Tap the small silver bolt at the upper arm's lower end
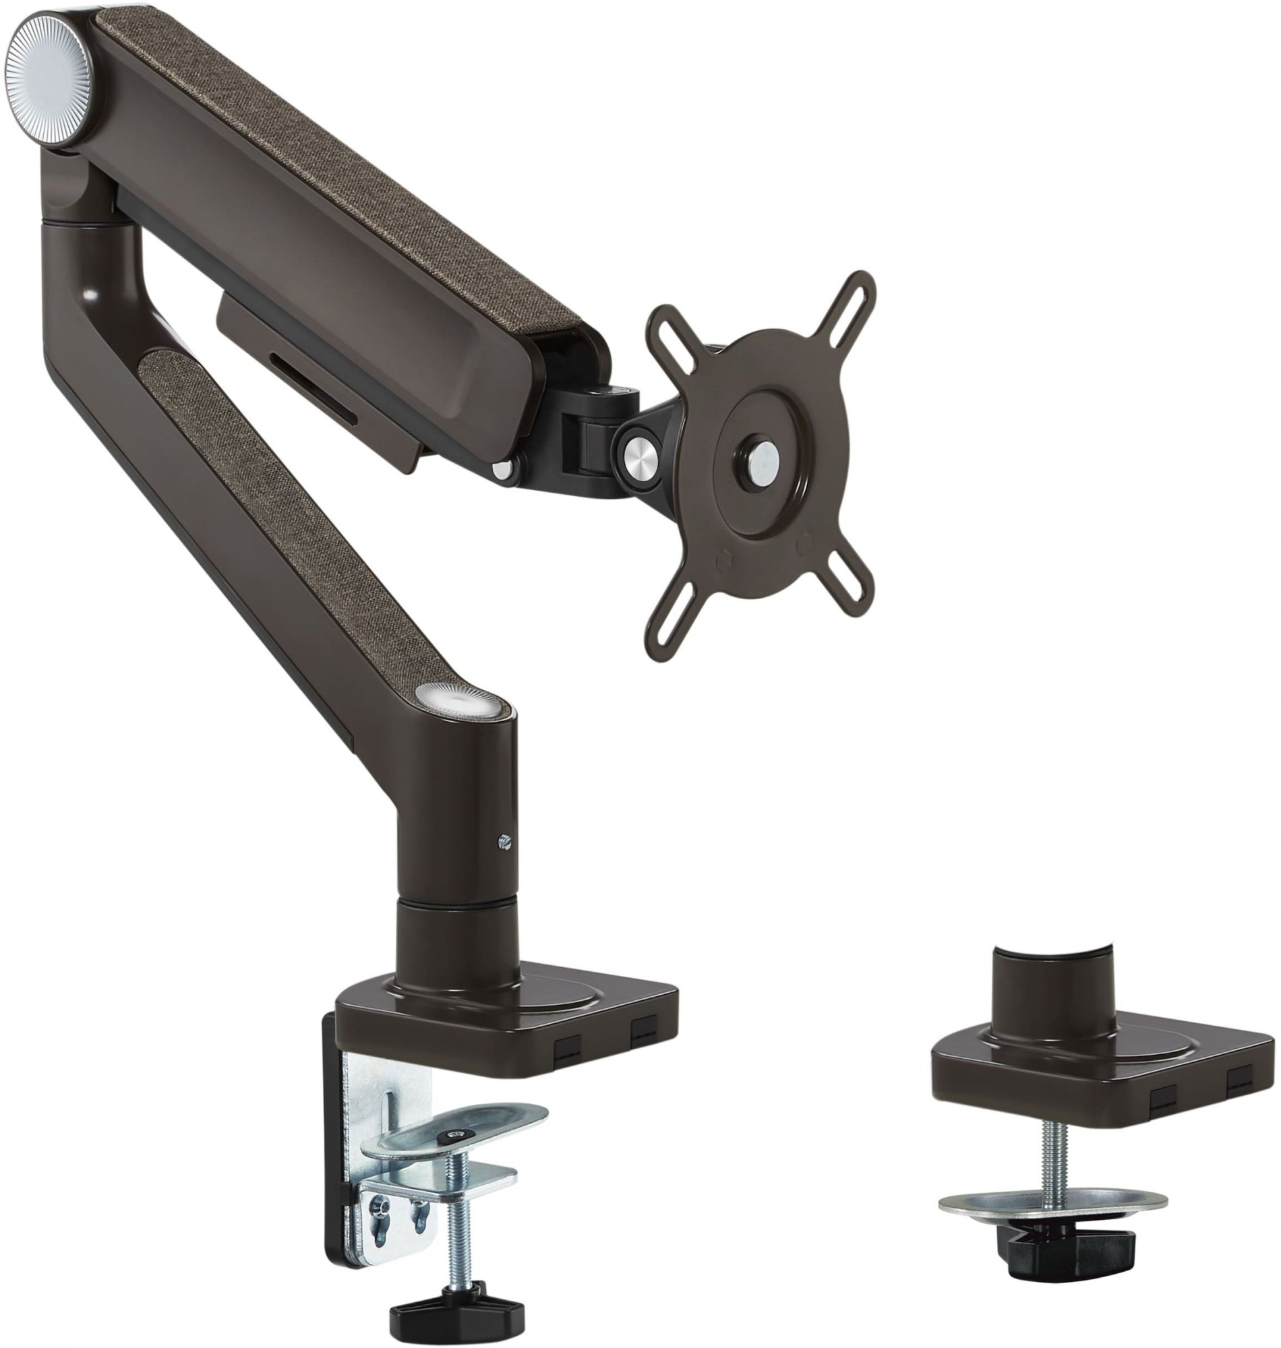pyautogui.click(x=503, y=469)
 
